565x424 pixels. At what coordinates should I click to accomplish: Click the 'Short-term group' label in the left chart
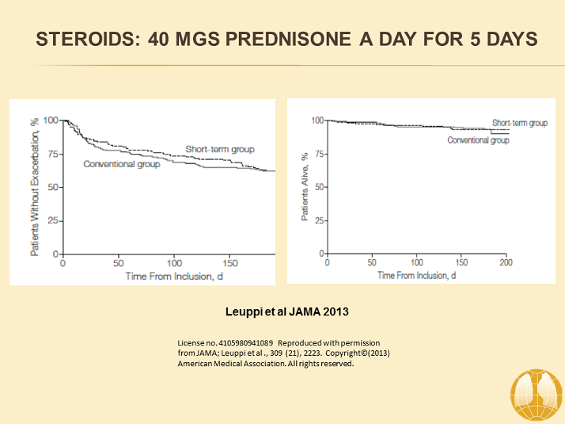[219, 149]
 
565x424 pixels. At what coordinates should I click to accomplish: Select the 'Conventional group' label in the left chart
[122, 164]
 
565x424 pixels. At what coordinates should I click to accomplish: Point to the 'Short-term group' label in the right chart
[519, 123]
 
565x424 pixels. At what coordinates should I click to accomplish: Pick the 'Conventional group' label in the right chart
[478, 139]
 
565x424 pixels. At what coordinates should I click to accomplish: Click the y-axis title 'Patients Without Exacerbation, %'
[34, 187]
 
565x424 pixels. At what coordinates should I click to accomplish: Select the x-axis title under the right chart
[416, 274]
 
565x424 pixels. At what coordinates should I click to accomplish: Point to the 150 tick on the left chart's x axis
[231, 263]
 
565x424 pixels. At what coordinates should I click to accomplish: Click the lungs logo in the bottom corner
[537, 393]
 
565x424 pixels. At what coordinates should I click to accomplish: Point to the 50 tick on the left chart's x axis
[119, 263]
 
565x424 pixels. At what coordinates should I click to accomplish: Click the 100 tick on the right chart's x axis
[415, 262]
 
